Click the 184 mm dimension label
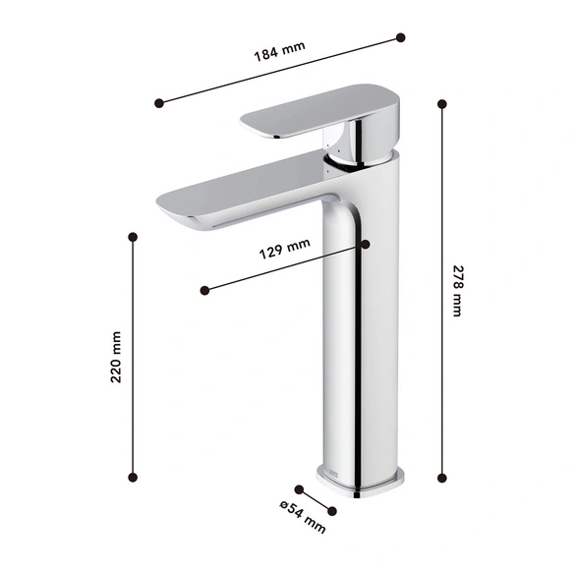coord(279,51)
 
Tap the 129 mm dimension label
coord(284,249)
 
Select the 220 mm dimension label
coord(116,357)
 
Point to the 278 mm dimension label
coord(458,291)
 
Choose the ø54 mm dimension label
coord(303,517)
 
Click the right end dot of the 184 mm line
coord(401,37)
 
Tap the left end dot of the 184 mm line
coord(159,103)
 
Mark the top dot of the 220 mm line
coord(133,237)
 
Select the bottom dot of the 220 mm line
coord(133,477)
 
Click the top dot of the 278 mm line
coord(442,104)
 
